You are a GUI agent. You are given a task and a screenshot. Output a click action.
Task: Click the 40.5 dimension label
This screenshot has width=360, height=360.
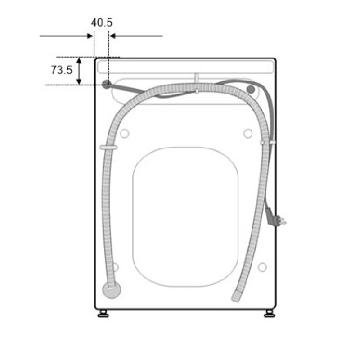point(102,23)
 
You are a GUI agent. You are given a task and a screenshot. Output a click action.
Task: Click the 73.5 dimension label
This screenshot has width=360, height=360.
point(62,70)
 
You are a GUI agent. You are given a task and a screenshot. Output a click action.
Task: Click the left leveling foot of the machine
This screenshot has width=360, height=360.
point(103,314)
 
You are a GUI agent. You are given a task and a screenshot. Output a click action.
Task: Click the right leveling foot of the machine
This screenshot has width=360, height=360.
point(269,314)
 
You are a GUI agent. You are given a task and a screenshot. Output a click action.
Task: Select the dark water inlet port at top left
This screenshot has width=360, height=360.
point(106,85)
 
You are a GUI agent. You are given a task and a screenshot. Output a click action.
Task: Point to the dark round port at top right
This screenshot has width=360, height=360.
point(251,89)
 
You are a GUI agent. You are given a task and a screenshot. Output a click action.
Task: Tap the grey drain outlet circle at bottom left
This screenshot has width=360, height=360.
point(112,289)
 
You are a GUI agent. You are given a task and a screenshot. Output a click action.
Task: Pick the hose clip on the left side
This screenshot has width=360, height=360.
point(108,148)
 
